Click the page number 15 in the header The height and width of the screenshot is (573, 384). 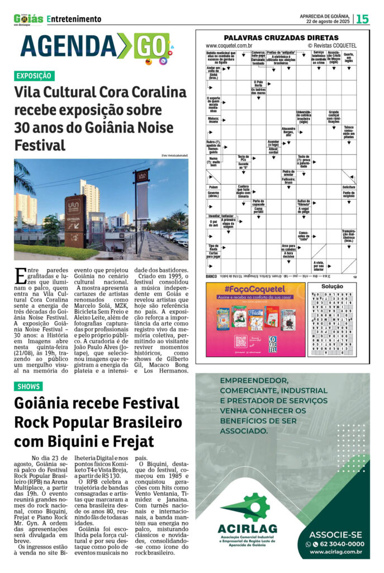point(363,19)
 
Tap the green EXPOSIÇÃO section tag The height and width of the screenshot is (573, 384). point(34,76)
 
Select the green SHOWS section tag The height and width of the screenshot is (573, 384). point(29,386)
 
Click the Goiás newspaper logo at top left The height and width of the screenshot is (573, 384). point(28,20)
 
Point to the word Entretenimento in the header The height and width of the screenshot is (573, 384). point(74,19)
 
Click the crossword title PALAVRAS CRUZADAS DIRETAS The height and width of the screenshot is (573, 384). point(282,37)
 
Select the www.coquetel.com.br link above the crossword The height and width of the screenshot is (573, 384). point(229,45)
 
